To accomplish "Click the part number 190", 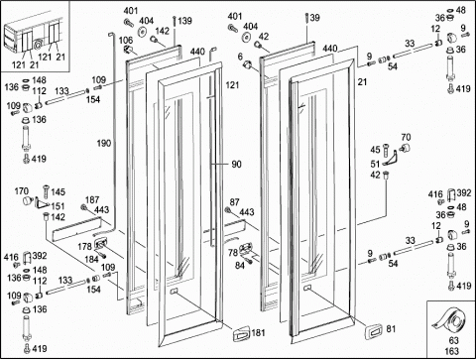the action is (104, 143).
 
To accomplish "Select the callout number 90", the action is (236, 164).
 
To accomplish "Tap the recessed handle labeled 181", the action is (242, 334).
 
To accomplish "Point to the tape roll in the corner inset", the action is (450, 320).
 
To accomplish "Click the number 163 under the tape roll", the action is (451, 351).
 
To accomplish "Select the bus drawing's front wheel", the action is (38, 45).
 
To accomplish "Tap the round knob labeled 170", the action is (27, 200).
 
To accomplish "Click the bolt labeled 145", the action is (46, 191).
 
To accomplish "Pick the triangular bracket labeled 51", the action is (391, 159).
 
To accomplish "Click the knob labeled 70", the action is (405, 148).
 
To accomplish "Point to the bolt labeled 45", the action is (386, 150).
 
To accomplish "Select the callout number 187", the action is (92, 200).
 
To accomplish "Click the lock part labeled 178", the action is (100, 244).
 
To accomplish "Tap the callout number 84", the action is (240, 265).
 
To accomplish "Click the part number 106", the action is (126, 41).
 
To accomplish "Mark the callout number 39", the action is (314, 17).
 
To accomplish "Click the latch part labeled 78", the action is (246, 248).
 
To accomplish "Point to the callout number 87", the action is (234, 202).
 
